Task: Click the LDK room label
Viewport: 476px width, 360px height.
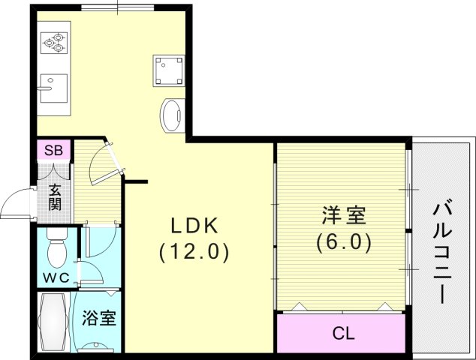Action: coord(193,224)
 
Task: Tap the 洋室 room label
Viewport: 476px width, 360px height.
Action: coord(345,217)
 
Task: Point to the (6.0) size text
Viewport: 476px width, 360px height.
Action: coord(345,243)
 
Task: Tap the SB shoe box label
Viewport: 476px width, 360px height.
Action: coord(53,150)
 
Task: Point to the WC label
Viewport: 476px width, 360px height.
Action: coord(55,277)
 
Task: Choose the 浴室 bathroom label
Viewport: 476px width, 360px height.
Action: coord(99,318)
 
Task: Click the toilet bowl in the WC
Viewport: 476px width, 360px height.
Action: coord(56,250)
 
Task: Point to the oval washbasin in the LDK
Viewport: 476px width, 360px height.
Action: coord(171,116)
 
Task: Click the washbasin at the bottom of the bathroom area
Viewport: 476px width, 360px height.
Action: coord(98,346)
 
